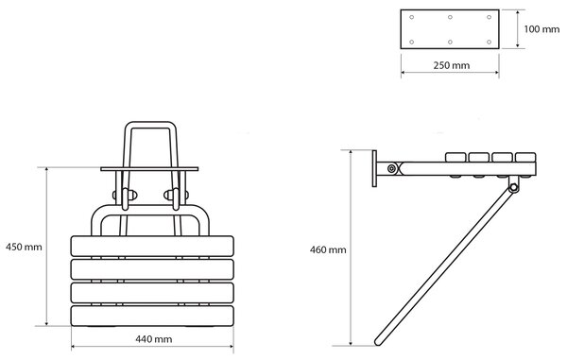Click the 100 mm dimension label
(x=541, y=29)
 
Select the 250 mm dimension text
(x=452, y=65)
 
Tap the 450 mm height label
(x=24, y=248)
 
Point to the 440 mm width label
(x=154, y=339)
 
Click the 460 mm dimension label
(x=328, y=249)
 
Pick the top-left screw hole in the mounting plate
(x=411, y=17)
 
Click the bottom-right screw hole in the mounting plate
(x=489, y=42)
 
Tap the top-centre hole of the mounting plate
(x=450, y=17)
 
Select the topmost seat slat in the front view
(x=152, y=247)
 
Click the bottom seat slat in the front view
(x=152, y=316)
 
